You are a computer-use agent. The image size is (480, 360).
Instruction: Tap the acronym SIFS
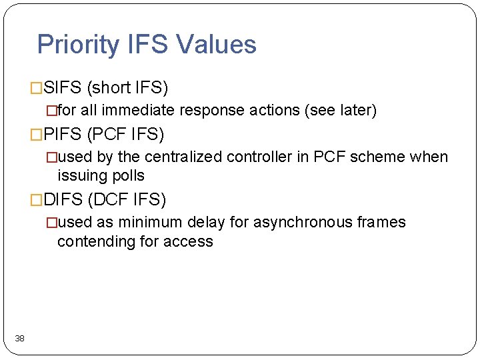63,88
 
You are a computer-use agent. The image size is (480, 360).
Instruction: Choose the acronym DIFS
63,199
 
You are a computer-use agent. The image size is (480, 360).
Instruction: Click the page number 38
20,339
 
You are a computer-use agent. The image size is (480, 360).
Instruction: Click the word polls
129,176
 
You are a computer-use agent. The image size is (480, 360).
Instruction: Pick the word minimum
146,222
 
